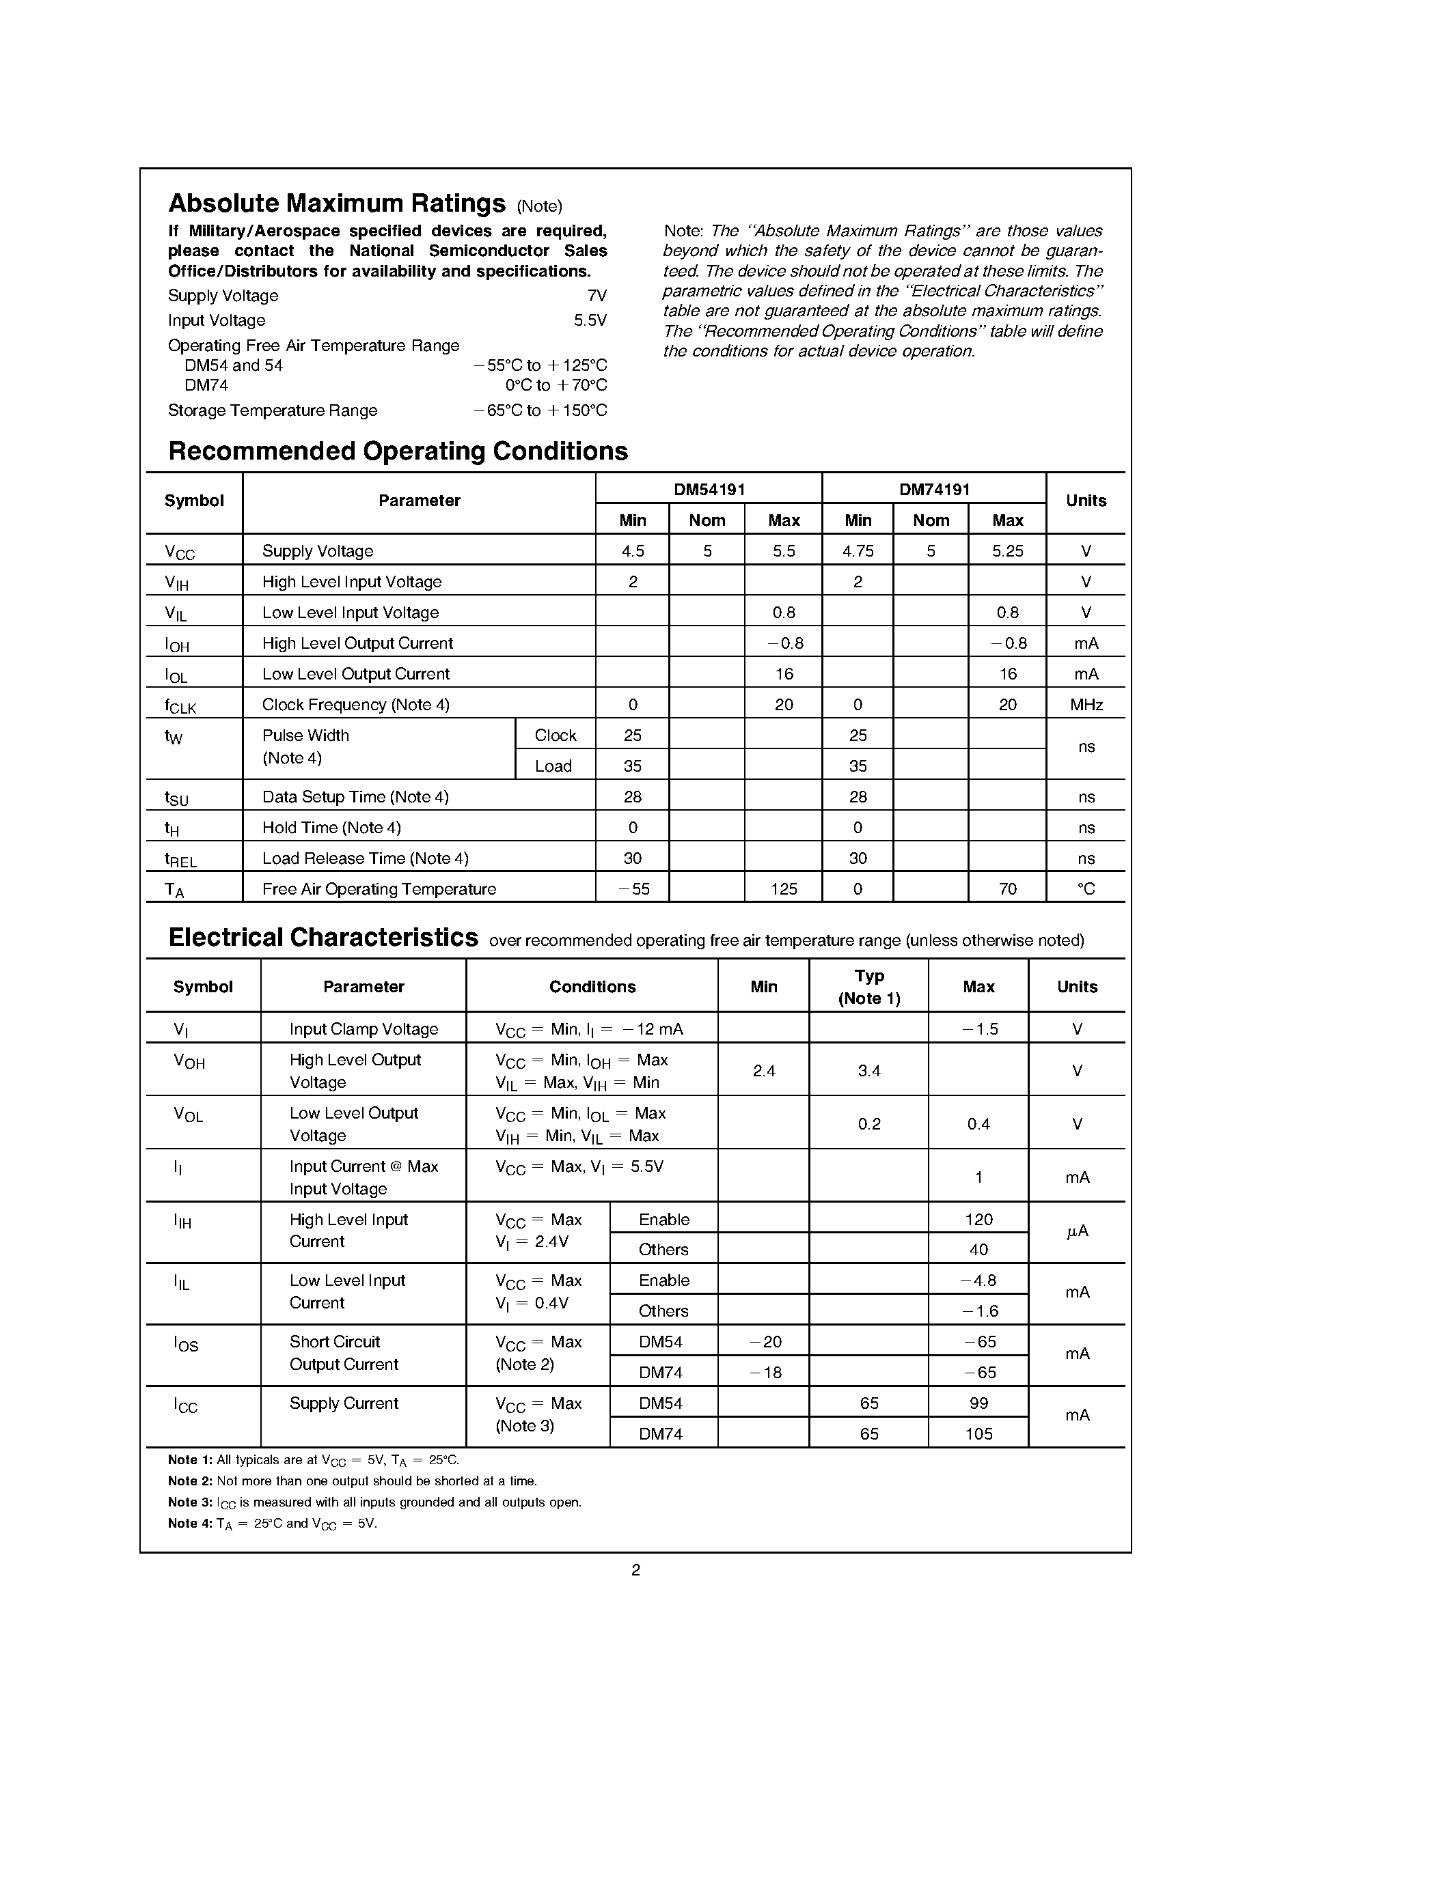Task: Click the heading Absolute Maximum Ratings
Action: click(336, 203)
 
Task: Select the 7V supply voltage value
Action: click(596, 296)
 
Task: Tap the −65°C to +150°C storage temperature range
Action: click(539, 411)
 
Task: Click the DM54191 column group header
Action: click(709, 489)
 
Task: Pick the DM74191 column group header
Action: click(934, 489)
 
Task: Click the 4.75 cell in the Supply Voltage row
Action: click(858, 551)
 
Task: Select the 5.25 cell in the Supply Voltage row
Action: click(1007, 551)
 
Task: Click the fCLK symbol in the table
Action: click(180, 706)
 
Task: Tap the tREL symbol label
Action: click(180, 859)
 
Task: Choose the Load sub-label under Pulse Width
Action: click(553, 766)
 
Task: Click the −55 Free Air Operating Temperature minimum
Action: click(633, 889)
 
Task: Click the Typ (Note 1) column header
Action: click(868, 986)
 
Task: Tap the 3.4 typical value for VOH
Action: click(868, 1071)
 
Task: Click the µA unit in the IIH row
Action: click(1077, 1232)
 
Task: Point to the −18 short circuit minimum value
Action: click(764, 1373)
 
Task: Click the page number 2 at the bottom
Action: click(635, 1570)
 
